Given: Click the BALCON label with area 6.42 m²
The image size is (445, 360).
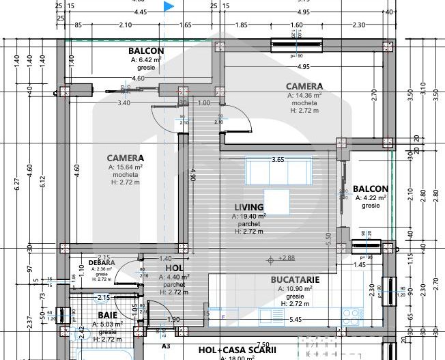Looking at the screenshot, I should click(146, 51).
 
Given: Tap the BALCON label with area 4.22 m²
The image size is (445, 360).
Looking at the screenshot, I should click(371, 189).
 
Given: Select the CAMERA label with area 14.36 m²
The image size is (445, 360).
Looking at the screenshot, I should click(304, 86).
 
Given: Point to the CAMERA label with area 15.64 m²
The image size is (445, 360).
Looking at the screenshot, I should click(125, 157).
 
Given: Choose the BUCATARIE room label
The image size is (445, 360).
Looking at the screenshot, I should click(295, 280).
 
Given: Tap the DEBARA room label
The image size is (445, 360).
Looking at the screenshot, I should click(102, 262).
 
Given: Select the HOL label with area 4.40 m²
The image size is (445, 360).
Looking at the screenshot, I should click(174, 268).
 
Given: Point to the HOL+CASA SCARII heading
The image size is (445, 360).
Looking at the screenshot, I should click(237, 350).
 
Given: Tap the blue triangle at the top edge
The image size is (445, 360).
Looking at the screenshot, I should click(169, 7).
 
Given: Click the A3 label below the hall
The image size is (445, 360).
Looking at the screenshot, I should click(165, 346).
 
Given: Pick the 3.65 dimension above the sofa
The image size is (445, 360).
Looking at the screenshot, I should click(278, 159).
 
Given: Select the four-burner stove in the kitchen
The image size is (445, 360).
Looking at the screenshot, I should click(352, 316).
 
